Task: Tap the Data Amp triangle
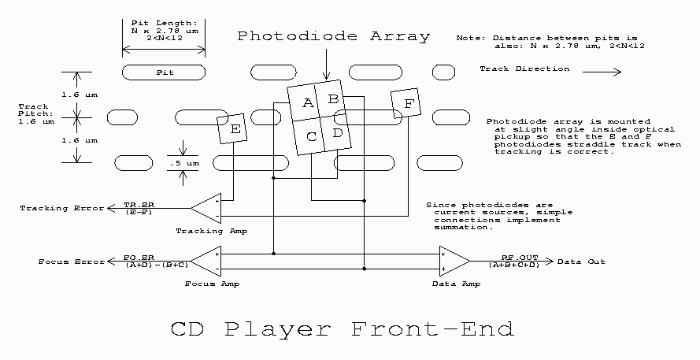point(453,261)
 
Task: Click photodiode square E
point(233,128)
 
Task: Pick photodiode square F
point(406,103)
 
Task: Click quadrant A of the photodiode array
point(308,103)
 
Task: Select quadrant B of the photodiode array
point(332,98)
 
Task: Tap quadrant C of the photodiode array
point(312,136)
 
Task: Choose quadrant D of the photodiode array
point(337,132)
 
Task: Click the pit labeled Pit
point(165,72)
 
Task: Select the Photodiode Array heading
point(334,36)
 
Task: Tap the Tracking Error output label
point(62,209)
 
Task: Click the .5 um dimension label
point(183,163)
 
